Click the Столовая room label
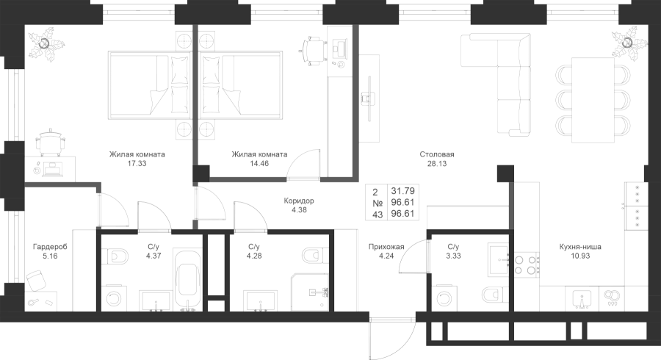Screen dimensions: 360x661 [437, 155]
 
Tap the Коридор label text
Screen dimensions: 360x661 [299, 201]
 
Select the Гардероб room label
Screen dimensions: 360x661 [50, 248]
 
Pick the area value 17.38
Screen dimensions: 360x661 [137, 165]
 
